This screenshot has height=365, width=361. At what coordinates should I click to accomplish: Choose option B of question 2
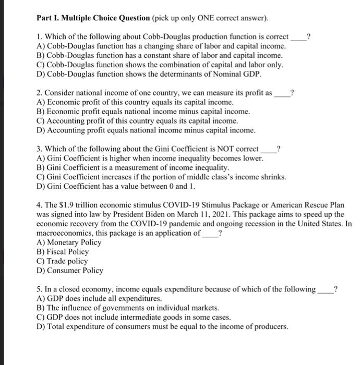(x=143, y=111)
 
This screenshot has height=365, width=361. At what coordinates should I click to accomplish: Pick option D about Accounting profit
(x=146, y=130)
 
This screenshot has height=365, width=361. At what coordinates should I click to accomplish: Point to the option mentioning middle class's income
(x=162, y=177)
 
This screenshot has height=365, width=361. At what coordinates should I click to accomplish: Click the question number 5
(x=39, y=289)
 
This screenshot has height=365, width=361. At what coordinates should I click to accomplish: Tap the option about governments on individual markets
(x=128, y=308)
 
